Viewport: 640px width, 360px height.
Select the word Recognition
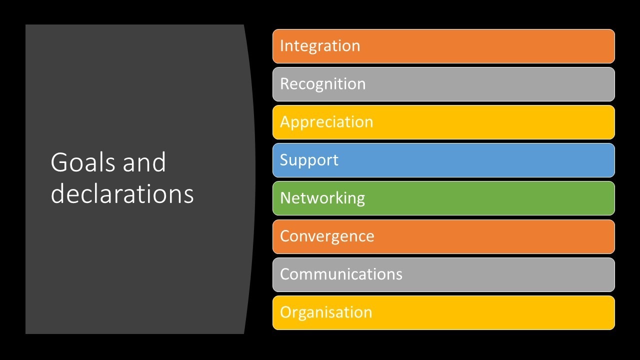click(x=323, y=84)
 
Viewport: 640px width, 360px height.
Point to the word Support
click(x=309, y=160)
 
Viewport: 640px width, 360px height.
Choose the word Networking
click(x=322, y=198)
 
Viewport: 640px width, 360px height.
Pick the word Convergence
click(x=327, y=237)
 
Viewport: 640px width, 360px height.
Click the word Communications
click(x=341, y=274)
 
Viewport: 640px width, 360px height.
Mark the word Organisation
click(x=326, y=312)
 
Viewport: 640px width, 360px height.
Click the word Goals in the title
click(x=83, y=162)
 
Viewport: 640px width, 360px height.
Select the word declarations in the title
click(x=122, y=193)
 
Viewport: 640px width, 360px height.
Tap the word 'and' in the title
click(x=144, y=162)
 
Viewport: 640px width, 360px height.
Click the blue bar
click(x=443, y=160)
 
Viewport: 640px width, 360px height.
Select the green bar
click(x=443, y=198)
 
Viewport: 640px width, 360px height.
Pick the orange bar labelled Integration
click(x=443, y=46)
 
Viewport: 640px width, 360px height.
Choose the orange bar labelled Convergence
click(x=443, y=236)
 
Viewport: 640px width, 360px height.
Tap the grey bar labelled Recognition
click(x=443, y=84)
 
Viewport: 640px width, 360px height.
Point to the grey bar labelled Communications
click(x=443, y=274)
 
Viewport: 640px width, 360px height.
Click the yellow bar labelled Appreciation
click(x=443, y=122)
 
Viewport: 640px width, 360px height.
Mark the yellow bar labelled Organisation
click(x=443, y=313)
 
